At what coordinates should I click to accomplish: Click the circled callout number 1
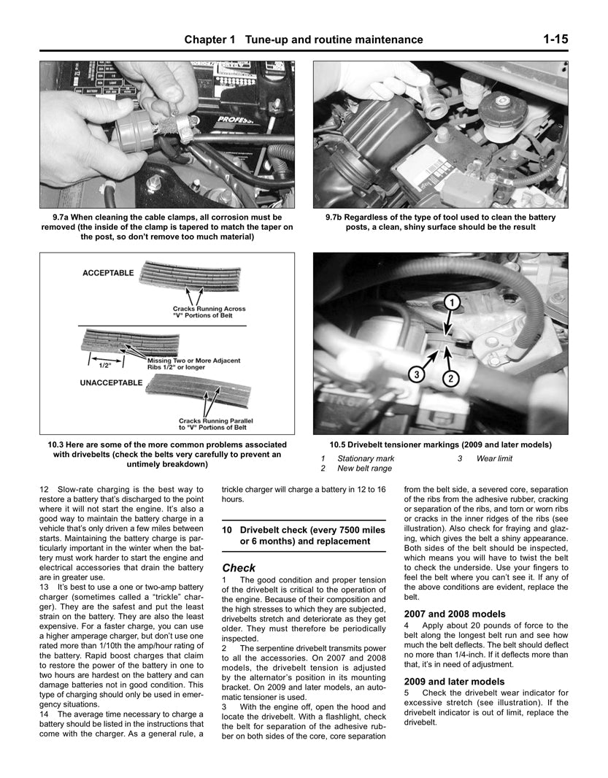tap(452, 301)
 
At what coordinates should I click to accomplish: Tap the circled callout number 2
tap(451, 377)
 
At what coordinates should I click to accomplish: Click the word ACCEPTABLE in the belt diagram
tap(108, 273)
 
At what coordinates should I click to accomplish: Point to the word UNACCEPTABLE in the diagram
tap(111, 381)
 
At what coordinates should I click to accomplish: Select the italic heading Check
tap(239, 567)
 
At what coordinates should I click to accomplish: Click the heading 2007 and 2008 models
tap(454, 614)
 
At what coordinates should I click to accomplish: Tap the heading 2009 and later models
tap(454, 682)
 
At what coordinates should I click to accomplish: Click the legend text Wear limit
tap(494, 458)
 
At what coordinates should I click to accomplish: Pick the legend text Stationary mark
tap(366, 458)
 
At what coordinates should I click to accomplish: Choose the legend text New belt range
tap(364, 469)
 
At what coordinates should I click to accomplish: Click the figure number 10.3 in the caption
tap(58, 444)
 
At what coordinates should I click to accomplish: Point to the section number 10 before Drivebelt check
tap(228, 528)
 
